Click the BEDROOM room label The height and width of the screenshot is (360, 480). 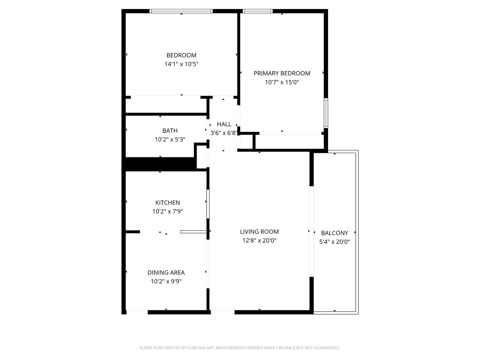tap(181, 55)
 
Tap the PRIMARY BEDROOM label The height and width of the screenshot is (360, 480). tap(282, 73)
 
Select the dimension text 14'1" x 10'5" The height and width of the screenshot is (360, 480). tap(181, 64)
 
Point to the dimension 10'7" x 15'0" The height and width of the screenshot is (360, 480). tap(282, 82)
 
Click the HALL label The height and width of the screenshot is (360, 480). tap(224, 124)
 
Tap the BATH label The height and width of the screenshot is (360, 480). tap(170, 131)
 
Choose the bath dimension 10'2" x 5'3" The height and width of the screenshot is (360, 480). tap(170, 139)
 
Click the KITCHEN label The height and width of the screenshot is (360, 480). tap(168, 203)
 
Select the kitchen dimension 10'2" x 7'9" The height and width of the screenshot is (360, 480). tap(168, 211)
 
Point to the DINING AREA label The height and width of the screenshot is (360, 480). tap(166, 273)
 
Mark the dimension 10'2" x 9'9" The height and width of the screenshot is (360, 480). tap(166, 281)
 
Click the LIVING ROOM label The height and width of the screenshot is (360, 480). tap(259, 232)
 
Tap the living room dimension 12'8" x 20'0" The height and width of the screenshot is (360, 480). tap(259, 240)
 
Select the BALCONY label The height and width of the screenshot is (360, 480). tap(334, 233)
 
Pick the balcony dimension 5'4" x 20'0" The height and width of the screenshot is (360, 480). tap(334, 242)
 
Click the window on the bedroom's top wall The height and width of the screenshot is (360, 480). tap(181, 11)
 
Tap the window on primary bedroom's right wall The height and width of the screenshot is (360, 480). tap(326, 113)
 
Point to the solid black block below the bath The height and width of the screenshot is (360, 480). tap(159, 164)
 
